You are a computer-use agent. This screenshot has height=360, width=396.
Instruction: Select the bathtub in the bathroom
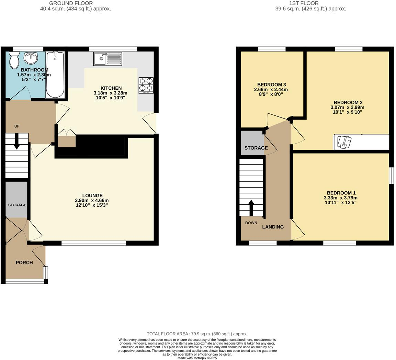(55, 75)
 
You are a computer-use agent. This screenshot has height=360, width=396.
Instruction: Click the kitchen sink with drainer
(108, 59)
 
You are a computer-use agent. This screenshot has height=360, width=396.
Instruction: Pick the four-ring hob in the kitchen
(146, 85)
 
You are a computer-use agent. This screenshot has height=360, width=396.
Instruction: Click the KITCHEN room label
(111, 88)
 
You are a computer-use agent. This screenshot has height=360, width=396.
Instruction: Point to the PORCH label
(24, 262)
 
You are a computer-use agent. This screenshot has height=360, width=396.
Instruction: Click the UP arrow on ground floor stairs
(16, 143)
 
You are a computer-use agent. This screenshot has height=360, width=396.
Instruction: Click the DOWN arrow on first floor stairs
(251, 207)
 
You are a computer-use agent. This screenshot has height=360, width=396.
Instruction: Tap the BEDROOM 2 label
(348, 102)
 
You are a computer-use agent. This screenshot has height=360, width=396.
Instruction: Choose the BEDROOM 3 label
(271, 85)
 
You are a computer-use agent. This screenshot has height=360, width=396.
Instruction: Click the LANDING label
(273, 227)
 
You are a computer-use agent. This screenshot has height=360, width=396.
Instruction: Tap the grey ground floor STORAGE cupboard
(16, 199)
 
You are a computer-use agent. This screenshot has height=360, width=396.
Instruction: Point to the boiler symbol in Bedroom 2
(344, 142)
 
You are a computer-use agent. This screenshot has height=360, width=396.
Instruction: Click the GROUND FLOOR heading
(76, 3)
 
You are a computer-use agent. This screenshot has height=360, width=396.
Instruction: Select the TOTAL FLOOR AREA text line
(197, 334)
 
